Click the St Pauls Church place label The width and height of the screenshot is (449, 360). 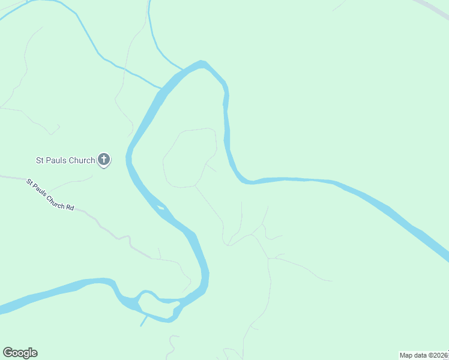point(65,160)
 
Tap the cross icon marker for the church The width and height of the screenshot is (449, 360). point(104,160)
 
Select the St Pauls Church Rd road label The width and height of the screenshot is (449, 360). point(50,194)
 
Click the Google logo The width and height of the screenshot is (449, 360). point(20,353)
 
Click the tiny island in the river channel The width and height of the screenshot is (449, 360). point(160,208)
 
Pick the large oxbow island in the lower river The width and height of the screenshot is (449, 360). point(157,304)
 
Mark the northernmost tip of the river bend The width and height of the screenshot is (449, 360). point(202,62)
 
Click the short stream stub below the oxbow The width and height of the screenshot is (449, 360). point(144,321)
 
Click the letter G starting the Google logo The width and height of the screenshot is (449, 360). point(8,353)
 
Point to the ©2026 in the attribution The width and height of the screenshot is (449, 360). point(438,355)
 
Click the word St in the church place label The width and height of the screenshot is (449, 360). point(40,160)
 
